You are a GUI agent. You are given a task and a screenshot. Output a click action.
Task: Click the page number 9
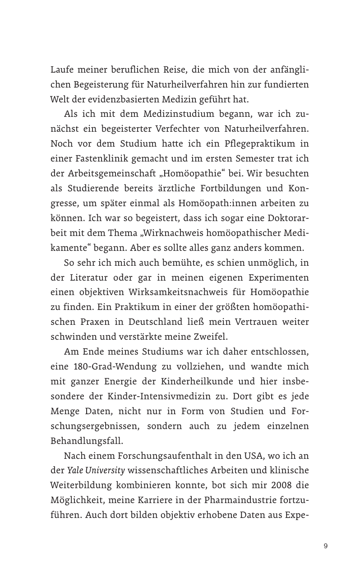[326, 546]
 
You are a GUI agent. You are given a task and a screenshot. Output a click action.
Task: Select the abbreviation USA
[259, 455]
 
